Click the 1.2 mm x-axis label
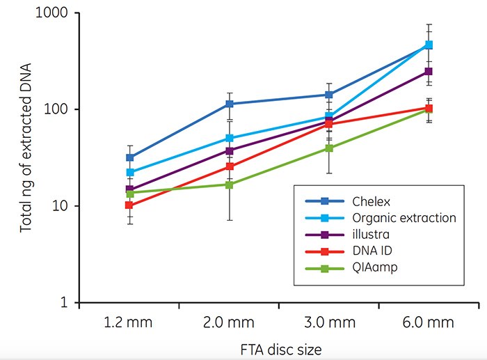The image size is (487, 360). click(x=129, y=323)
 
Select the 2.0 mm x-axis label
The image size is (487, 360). click(x=229, y=323)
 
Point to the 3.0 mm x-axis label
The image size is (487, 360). click(x=328, y=323)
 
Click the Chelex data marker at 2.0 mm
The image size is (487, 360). click(x=229, y=104)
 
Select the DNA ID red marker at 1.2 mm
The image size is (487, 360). click(x=129, y=205)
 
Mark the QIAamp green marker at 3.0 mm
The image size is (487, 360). click(x=328, y=148)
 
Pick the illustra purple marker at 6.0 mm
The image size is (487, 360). click(x=429, y=71)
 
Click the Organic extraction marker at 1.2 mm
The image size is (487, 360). click(x=129, y=172)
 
